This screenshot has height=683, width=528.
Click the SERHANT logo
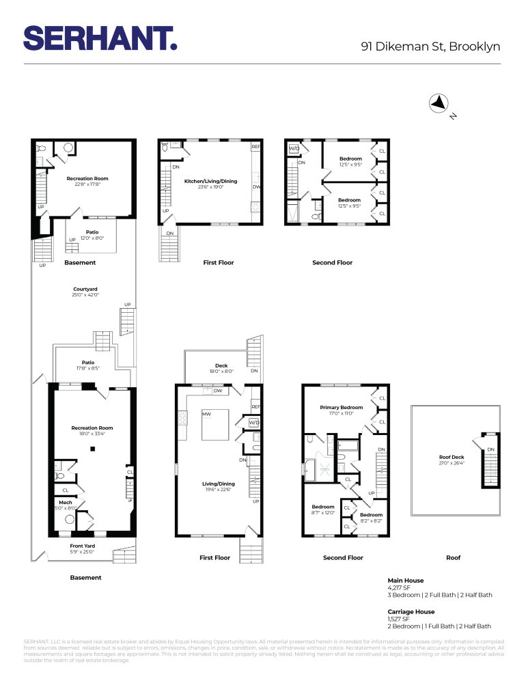point(100,38)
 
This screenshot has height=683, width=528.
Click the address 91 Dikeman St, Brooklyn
point(432,46)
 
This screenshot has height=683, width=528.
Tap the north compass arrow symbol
point(438,103)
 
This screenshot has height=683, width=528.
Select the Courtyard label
point(85,292)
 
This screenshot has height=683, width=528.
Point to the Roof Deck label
point(451,460)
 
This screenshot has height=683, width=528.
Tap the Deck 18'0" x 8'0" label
point(221,369)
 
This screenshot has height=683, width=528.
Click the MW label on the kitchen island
point(206,415)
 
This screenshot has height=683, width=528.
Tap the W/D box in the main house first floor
point(253,423)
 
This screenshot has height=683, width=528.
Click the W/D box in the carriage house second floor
point(294,148)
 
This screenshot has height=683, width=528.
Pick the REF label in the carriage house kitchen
point(255,147)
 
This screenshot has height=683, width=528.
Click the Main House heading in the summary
point(406,579)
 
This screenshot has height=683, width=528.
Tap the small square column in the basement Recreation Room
point(92,449)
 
